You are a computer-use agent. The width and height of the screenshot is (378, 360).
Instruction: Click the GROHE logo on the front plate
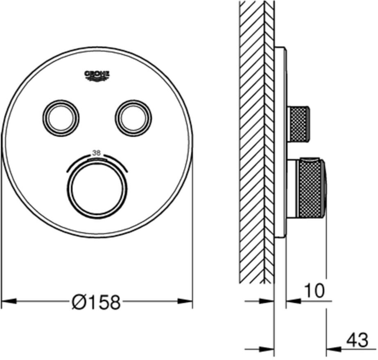(97, 74)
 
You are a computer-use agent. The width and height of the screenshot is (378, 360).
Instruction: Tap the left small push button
(60, 117)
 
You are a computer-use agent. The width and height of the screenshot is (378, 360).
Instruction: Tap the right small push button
(134, 117)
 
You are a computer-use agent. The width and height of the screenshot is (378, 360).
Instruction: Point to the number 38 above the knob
(97, 153)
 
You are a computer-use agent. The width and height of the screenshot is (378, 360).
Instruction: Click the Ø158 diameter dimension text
(97, 303)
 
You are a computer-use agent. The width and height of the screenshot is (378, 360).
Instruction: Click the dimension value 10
(314, 291)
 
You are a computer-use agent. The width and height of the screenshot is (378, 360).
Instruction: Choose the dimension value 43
(356, 340)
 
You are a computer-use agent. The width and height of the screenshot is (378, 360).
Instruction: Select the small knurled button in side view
(299, 124)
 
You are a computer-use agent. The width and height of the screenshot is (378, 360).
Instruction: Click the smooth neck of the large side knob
(292, 188)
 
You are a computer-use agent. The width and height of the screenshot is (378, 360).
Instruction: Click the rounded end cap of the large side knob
(324, 188)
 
